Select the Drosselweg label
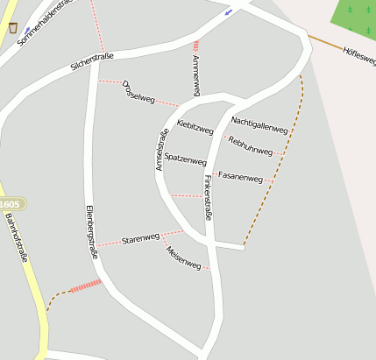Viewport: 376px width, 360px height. tap(138, 92)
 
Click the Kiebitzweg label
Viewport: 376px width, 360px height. tap(195, 127)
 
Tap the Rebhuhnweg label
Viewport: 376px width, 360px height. tap(251, 145)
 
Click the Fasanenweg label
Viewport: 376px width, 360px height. tap(240, 178)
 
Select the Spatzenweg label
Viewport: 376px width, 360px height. tap(185, 159)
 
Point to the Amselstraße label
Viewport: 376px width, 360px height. tap(162, 149)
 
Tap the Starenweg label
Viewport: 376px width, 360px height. tap(140, 238)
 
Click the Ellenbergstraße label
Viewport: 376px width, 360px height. tap(90, 231)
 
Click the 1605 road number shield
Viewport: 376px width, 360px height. tap(11, 203)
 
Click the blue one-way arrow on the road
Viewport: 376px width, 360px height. tap(229, 12)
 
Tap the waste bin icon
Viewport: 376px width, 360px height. tap(12, 27)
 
